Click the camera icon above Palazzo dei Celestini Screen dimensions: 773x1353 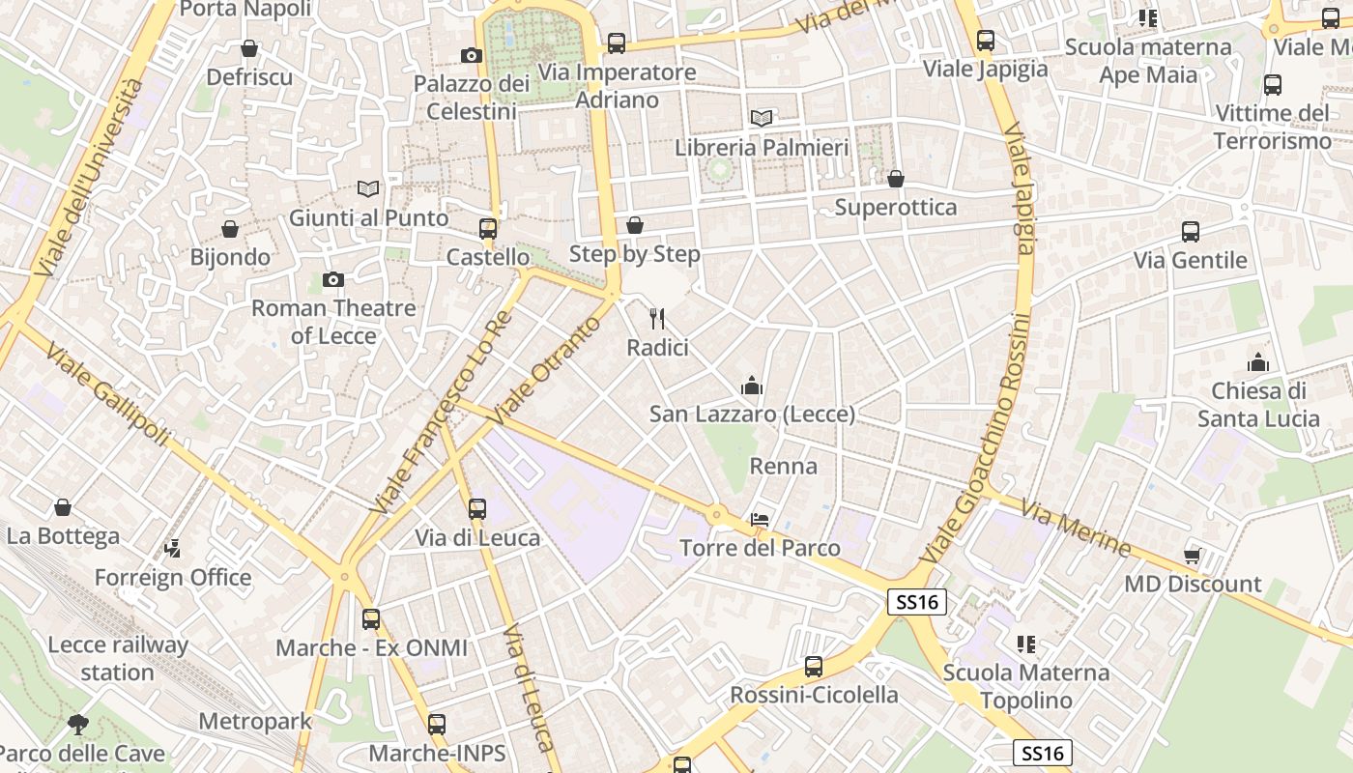pos(472,55)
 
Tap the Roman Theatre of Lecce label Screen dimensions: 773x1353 pos(333,322)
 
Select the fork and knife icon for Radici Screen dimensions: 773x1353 pos(658,318)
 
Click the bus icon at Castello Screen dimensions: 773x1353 pos(488,229)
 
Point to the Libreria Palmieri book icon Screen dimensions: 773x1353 pos(762,118)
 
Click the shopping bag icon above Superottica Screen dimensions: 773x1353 pos(896,179)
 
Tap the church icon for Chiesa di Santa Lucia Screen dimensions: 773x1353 pos(1258,362)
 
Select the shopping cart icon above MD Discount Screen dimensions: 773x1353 pos(1193,555)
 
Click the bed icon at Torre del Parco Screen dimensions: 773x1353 pos(760,520)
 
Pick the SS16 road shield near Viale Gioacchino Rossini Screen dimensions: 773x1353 pos(916,602)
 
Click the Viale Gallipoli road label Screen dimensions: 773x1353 pos(107,398)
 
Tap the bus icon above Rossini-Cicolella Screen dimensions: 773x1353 pos(814,667)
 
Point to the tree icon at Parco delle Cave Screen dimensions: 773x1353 pos(78,724)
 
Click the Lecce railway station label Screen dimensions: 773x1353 pos(118,658)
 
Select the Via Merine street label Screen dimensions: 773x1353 pos(1076,529)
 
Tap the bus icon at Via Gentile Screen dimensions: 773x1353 pos(1191,232)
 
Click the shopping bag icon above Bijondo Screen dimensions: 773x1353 pos(230,229)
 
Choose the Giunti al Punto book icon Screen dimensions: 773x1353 pos(367,188)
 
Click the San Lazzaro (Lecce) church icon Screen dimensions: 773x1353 pos(752,386)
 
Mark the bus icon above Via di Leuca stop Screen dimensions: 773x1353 pos(477,509)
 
